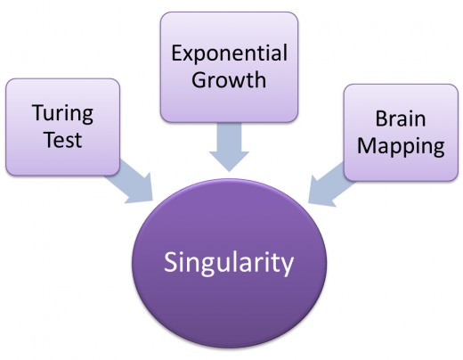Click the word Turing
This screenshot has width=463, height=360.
coord(63,114)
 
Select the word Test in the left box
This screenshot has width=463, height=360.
coord(63,140)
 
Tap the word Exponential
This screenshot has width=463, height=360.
coord(229,54)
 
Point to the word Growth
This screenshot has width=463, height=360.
coord(229,80)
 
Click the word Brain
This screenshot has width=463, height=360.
coord(401,119)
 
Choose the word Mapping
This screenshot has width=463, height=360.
coord(401,146)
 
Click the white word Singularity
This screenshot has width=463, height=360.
coord(229,263)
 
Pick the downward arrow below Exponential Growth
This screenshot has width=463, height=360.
coord(229,147)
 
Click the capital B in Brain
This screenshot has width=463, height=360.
coord(381,119)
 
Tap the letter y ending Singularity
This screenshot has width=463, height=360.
coord(288,266)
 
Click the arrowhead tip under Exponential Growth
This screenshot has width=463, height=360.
coord(229,171)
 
